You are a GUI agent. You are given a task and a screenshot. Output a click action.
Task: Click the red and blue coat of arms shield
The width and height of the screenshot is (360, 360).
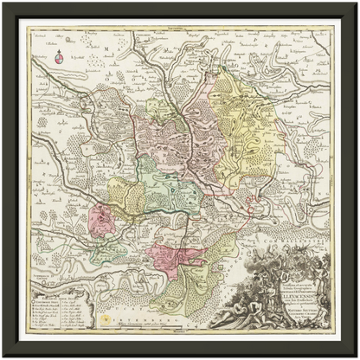[59, 60]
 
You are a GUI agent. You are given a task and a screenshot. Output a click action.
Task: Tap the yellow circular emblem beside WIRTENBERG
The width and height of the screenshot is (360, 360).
[107, 318]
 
